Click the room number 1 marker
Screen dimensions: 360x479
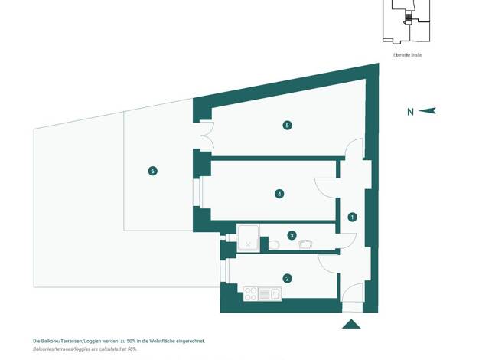tap(352, 217)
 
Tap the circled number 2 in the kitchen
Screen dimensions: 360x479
tap(287, 279)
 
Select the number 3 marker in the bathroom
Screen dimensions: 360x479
tap(292, 235)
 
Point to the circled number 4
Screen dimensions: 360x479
tap(280, 194)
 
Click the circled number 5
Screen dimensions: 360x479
tap(287, 125)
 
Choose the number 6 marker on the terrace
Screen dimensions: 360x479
tap(153, 171)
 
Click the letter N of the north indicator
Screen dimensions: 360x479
tap(410, 112)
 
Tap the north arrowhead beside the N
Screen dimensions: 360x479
tap(428, 111)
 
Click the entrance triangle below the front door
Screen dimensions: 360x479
tap(351, 324)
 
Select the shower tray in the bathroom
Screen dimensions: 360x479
tap(249, 238)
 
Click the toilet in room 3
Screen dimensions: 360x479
tap(274, 244)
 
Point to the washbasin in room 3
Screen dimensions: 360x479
tap(306, 244)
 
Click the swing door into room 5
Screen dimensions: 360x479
tap(353, 149)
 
